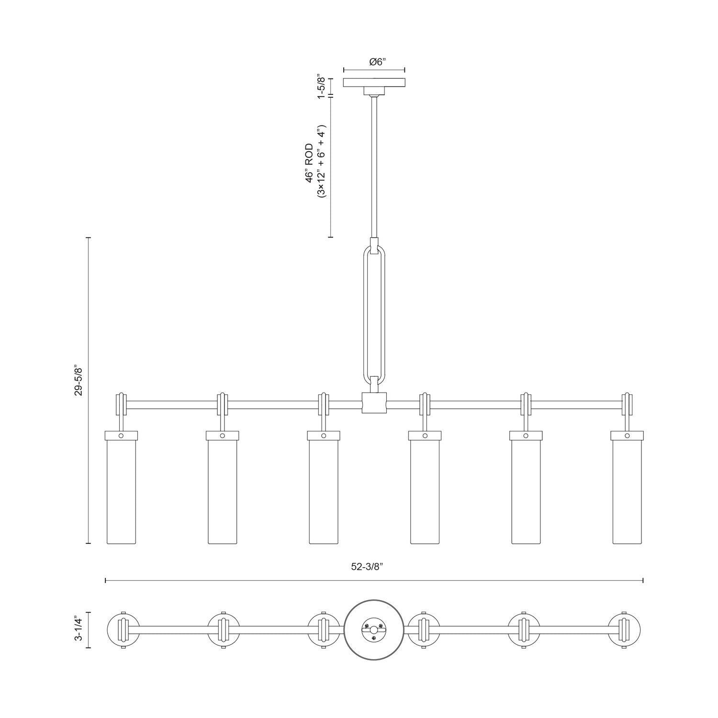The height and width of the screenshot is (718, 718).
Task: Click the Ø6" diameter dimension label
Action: click(x=374, y=62)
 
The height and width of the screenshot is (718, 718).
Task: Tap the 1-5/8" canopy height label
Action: click(x=321, y=87)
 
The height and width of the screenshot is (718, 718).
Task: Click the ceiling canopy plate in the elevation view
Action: click(x=374, y=82)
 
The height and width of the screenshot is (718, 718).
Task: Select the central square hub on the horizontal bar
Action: click(x=374, y=403)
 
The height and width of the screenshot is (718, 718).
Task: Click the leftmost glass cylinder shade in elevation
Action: click(x=121, y=491)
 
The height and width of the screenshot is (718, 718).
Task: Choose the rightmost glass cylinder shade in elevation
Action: click(x=627, y=491)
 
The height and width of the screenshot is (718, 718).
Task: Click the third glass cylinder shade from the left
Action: click(x=324, y=491)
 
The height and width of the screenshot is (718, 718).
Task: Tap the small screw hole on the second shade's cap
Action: click(x=223, y=436)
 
